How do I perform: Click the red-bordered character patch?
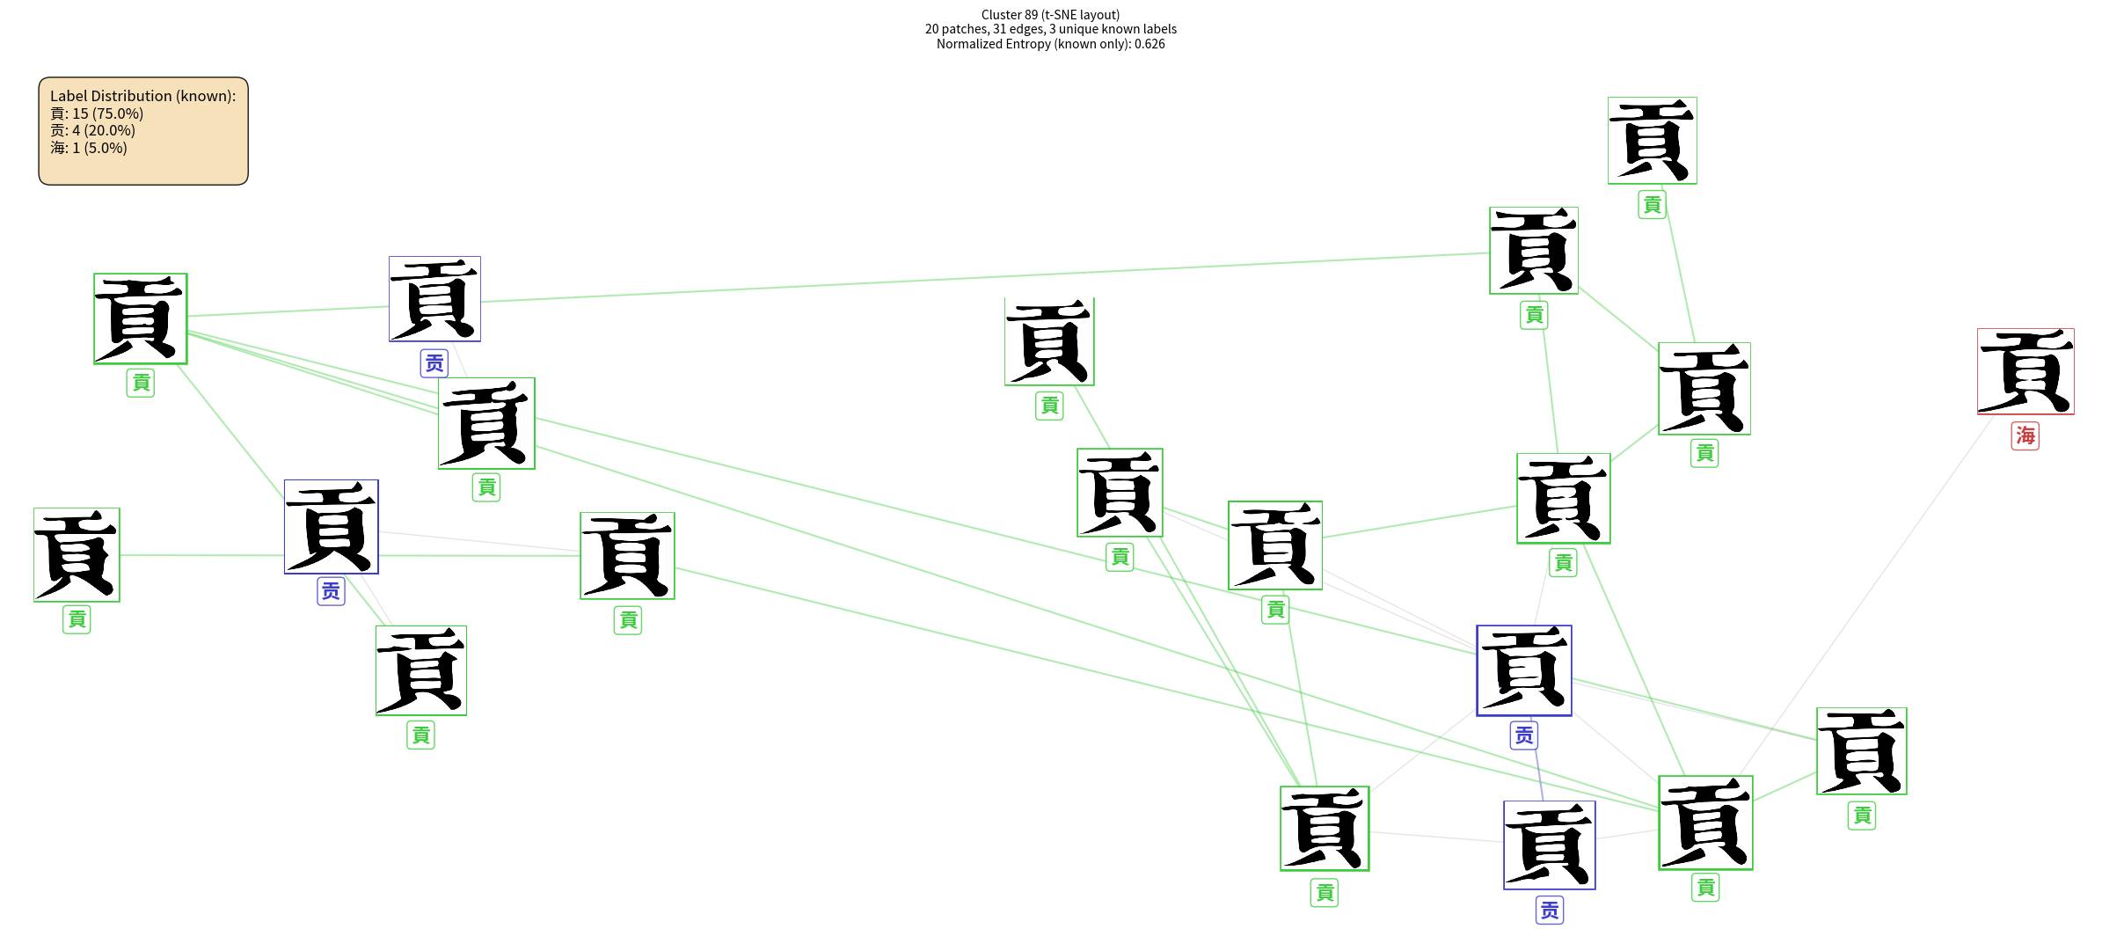coord(2025,371)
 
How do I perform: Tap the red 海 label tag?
coord(2025,435)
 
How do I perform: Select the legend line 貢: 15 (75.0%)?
coord(97,113)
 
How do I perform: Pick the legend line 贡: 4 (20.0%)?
coord(92,130)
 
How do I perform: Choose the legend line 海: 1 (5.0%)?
coord(89,148)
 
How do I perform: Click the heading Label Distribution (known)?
coord(142,96)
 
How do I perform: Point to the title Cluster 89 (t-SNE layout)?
coord(1050,14)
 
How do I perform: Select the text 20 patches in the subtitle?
coord(956,29)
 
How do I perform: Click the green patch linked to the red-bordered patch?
coord(1705,823)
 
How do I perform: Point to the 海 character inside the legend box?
coord(57,148)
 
